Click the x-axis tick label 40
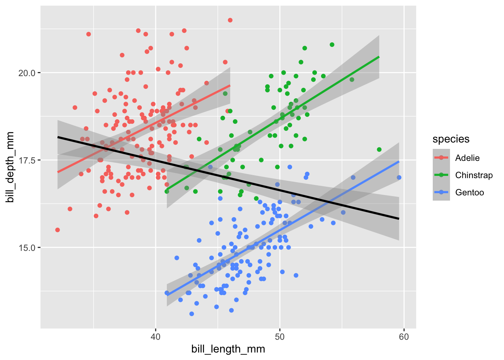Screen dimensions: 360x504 pos(155,336)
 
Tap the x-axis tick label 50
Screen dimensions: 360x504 pos(279,336)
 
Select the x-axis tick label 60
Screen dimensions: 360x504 pos(404,336)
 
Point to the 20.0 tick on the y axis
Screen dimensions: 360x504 pos(27,73)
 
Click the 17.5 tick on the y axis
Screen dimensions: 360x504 pos(27,160)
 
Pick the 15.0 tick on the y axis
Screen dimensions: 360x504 pos(27,247)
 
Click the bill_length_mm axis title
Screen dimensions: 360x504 pos(228,349)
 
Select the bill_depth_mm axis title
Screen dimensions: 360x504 pos(10,167)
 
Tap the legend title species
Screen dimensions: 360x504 pos(451,139)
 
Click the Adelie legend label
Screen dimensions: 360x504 pos(467,158)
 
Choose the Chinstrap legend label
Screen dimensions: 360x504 pos(474,175)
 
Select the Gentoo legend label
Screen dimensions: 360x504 pos(469,192)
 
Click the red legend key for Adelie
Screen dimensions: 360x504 pos(441,158)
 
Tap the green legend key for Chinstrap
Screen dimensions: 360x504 pos(441,175)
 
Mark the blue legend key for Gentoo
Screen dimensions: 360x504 pos(441,192)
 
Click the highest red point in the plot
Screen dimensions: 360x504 pos(230,20)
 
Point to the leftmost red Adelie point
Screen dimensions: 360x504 pos(57,230)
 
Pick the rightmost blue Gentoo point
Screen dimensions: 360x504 pos(399,177)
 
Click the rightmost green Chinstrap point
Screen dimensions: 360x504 pos(379,150)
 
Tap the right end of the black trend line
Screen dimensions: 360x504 pos(399,218)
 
